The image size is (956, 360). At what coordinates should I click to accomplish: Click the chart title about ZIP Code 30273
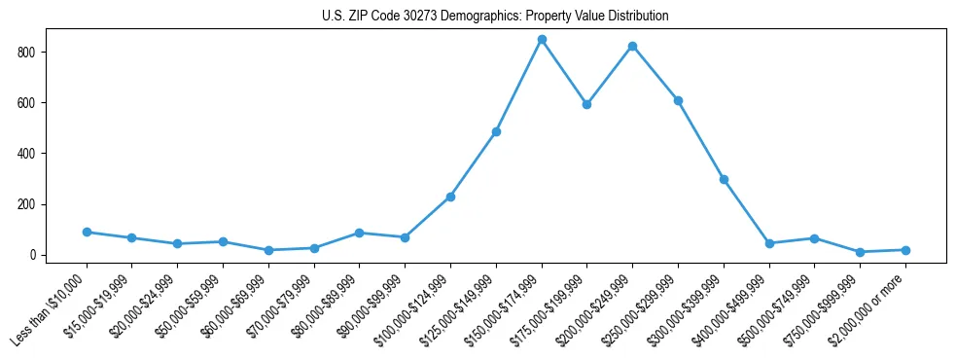(x=495, y=17)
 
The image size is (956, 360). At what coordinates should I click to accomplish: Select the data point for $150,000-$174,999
(x=542, y=40)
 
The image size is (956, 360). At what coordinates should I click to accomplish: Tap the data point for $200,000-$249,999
(x=633, y=46)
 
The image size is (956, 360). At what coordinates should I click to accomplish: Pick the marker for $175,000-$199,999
(x=587, y=104)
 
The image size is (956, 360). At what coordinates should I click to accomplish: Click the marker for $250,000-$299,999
(x=678, y=100)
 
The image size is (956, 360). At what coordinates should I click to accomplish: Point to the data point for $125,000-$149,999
(x=496, y=131)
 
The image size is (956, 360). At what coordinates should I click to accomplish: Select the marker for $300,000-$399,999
(x=724, y=179)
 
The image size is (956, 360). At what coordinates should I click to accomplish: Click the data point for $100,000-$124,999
(x=450, y=197)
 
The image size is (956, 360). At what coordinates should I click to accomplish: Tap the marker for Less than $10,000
(x=87, y=232)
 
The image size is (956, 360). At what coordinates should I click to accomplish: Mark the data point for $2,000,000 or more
(x=905, y=250)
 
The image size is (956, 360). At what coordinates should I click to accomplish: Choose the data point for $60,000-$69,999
(x=268, y=250)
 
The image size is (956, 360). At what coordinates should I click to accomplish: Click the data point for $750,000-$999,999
(x=860, y=252)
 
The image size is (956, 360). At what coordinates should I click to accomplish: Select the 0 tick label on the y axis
(x=35, y=255)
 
